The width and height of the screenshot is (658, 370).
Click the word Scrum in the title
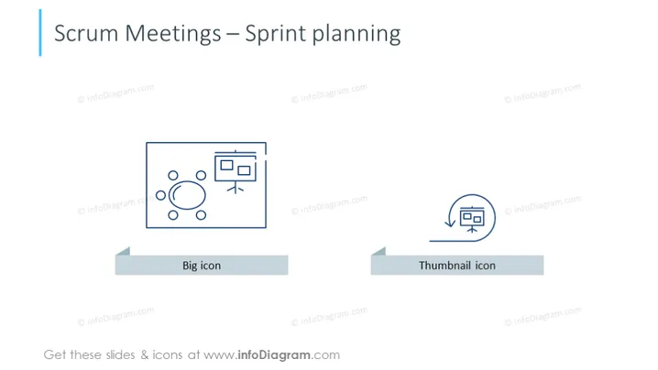(86, 33)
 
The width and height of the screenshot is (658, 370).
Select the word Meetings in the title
(173, 35)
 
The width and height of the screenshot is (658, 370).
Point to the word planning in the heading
(356, 35)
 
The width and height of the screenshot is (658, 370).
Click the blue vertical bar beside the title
(40, 33)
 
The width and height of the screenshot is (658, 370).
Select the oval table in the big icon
(187, 195)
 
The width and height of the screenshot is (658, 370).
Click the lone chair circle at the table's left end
(160, 195)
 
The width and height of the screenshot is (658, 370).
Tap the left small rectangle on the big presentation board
(226, 165)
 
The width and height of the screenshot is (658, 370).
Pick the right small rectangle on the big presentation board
(244, 170)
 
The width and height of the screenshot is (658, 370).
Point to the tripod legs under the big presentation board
(236, 188)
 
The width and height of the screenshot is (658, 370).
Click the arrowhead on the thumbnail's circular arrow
(450, 223)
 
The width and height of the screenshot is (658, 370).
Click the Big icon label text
(202, 266)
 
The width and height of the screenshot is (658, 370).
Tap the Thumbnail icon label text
(457, 266)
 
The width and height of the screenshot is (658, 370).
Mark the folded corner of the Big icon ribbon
(125, 252)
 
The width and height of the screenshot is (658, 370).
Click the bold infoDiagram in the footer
(274, 355)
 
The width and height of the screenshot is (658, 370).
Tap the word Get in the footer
(55, 355)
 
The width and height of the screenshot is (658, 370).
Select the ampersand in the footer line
(145, 355)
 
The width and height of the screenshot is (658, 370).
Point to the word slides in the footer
(120, 355)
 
